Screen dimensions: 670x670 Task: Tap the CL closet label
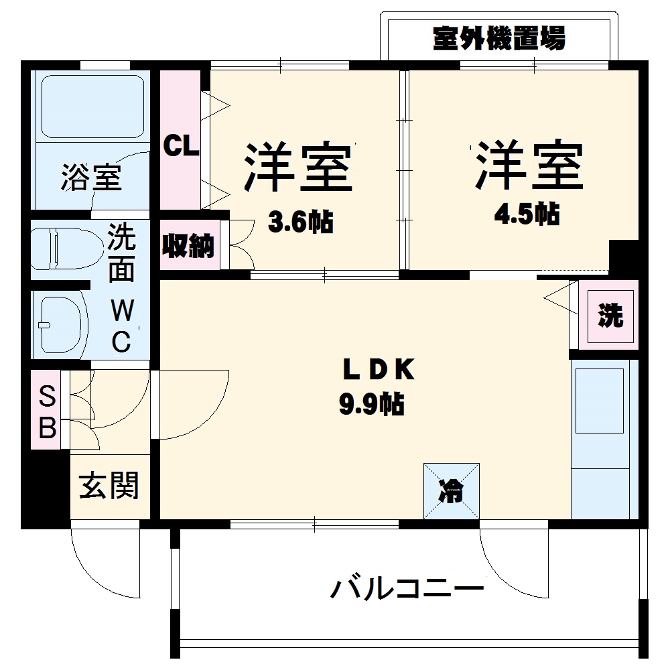(182, 147)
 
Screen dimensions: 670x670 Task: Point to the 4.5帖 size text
(527, 214)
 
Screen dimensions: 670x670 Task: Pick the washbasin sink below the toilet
(62, 324)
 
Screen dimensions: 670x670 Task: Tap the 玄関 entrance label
(109, 486)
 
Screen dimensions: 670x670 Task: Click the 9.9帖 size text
(373, 403)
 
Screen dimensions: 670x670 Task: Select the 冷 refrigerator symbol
(451, 491)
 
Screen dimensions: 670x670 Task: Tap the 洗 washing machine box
(610, 316)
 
